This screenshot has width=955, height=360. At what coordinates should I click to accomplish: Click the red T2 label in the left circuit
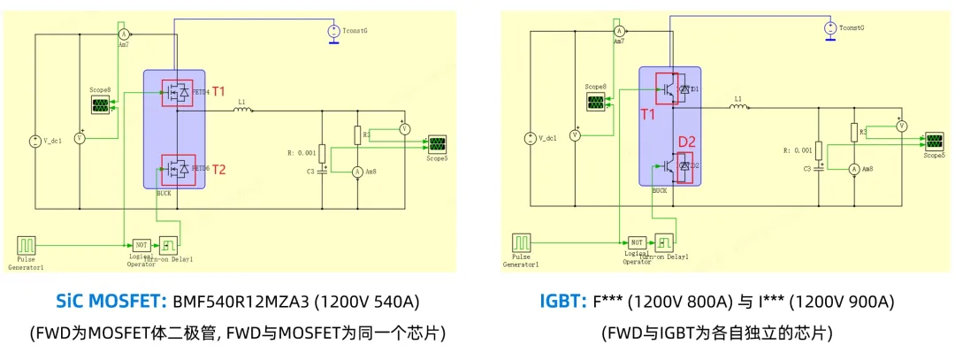point(219,170)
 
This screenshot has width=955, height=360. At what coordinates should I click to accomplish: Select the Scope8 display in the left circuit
point(102,105)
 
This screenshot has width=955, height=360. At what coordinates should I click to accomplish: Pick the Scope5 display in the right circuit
point(934,142)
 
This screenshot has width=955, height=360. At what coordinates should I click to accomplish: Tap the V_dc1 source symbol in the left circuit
point(35,141)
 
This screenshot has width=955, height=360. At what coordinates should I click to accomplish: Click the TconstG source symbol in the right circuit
point(829,29)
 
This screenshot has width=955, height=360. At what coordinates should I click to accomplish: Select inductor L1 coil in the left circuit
point(243,111)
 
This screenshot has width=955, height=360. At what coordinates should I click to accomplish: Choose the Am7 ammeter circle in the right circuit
point(620,31)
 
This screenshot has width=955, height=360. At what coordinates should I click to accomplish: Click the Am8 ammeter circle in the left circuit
point(357,170)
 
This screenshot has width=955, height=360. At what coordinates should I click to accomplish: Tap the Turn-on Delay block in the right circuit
point(664,242)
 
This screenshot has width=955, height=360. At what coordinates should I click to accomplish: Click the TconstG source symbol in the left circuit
point(333,32)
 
